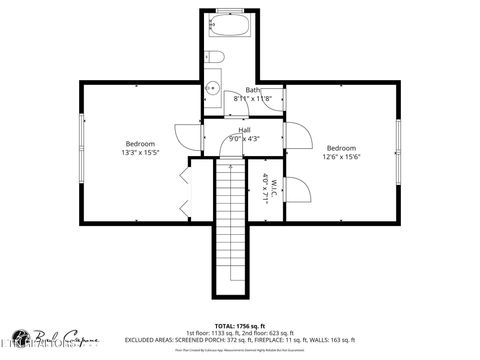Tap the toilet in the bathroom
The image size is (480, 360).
[214, 60]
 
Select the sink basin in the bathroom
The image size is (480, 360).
[211, 89]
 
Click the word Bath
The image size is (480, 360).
[252, 90]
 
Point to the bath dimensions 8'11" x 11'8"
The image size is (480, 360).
[252, 99]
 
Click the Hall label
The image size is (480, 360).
[244, 130]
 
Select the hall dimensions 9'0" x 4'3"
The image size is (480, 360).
[244, 139]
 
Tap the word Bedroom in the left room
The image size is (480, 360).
[140, 144]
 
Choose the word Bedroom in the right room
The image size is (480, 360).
[341, 147]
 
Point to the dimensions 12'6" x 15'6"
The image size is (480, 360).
[341, 157]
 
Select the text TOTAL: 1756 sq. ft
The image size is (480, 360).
[239, 326]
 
